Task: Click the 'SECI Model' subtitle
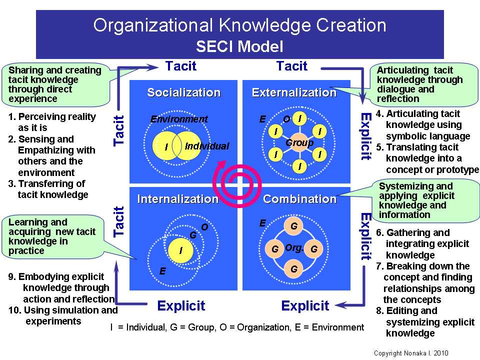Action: coord(239,46)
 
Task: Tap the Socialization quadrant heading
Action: coord(183,92)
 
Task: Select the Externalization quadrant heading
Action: coord(294,92)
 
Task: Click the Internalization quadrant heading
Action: coord(177,199)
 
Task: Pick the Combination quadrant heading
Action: coord(299,199)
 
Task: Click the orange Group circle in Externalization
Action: coord(299,143)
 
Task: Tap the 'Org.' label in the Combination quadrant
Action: coord(294,247)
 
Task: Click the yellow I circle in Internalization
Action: coord(180,249)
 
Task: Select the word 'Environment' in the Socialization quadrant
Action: coord(179,119)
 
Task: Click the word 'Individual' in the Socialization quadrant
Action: coord(206,146)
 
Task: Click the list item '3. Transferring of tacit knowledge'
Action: coord(48,189)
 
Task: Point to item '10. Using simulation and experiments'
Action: coord(63,315)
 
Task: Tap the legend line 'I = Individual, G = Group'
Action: coord(237,327)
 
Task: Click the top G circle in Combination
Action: coord(294,226)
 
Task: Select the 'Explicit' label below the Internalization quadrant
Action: coord(181,306)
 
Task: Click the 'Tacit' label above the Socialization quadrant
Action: coord(181,66)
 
